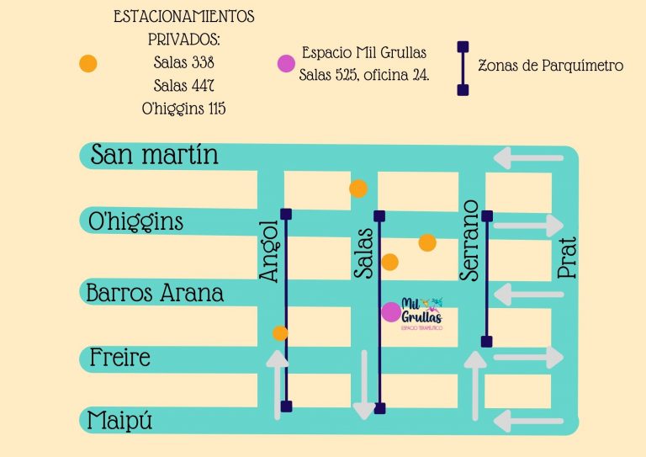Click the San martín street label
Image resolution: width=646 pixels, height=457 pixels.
[x=154, y=155]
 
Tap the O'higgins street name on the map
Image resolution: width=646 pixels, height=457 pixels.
[x=135, y=222]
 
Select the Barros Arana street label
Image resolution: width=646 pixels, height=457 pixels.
[x=156, y=293]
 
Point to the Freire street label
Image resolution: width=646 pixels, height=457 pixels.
[x=120, y=358]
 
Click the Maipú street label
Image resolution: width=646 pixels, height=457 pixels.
[x=121, y=420]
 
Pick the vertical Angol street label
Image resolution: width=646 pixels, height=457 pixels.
[x=269, y=251]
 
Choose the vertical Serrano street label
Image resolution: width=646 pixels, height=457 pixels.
[x=470, y=240]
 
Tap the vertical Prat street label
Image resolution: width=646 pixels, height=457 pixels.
[x=566, y=258]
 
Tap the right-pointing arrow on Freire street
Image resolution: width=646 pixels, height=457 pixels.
[x=527, y=358]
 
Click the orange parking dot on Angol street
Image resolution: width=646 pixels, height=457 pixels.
[x=280, y=333]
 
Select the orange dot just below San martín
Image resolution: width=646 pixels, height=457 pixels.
[x=358, y=189]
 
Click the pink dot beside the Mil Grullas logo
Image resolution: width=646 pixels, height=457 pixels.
[x=391, y=312]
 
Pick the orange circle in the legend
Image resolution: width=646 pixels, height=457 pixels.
[x=87, y=63]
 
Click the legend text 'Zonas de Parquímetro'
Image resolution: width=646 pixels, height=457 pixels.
[x=550, y=65]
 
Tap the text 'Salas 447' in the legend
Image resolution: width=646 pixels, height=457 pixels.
[x=184, y=85]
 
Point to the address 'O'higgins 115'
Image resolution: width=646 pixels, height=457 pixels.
[x=184, y=109]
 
